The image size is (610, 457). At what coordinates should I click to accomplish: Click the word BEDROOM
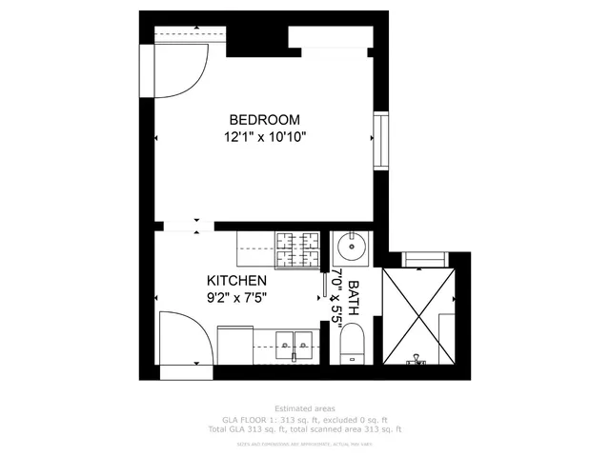(x=264, y=120)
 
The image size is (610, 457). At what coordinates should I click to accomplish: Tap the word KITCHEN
(x=236, y=281)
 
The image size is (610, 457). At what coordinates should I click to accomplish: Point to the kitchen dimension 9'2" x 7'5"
(x=236, y=297)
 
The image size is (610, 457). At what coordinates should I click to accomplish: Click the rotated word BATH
(x=353, y=298)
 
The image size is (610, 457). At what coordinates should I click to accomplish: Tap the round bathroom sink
(x=354, y=249)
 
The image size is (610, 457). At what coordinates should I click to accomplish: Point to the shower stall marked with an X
(x=419, y=314)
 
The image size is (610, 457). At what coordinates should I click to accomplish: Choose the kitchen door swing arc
(x=181, y=339)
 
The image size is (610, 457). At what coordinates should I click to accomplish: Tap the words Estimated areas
(x=304, y=407)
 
